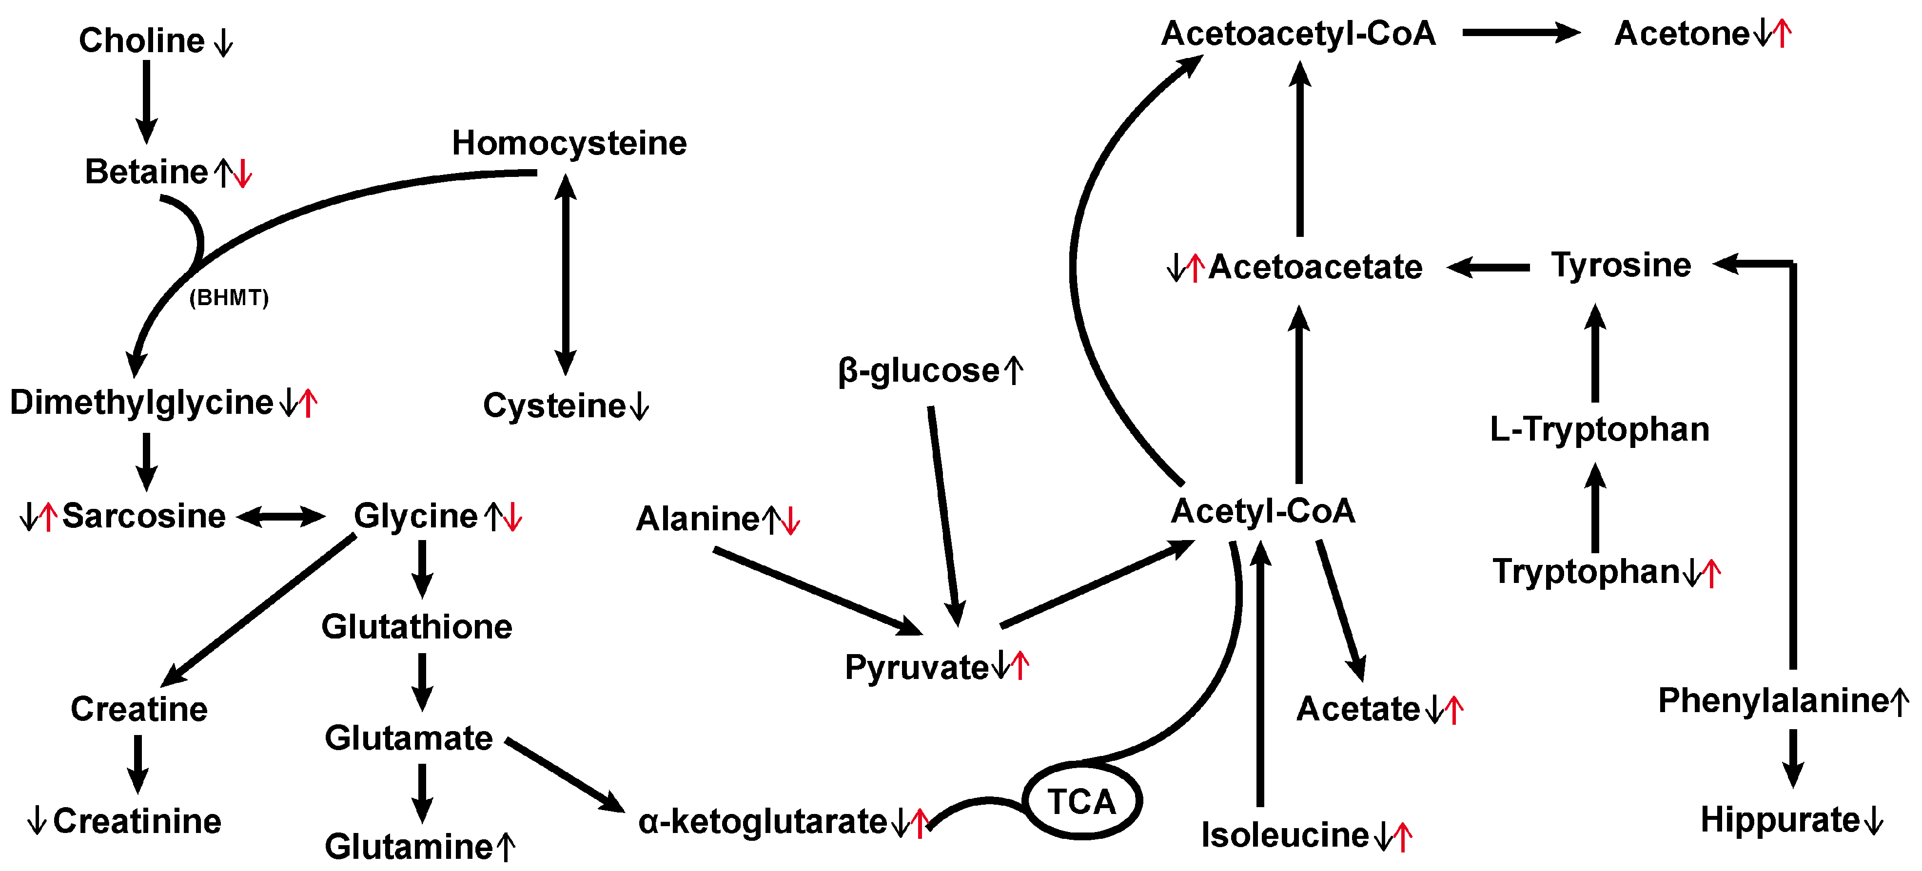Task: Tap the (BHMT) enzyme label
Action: coord(228,298)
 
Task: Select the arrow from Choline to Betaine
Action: coord(146,101)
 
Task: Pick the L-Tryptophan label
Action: coord(1599,429)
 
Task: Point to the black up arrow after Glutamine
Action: coord(506,847)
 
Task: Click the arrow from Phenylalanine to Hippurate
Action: coord(1792,757)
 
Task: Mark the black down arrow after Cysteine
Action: coord(639,406)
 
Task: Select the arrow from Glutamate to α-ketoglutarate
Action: coord(565,775)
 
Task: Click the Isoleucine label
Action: coord(1284,835)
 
